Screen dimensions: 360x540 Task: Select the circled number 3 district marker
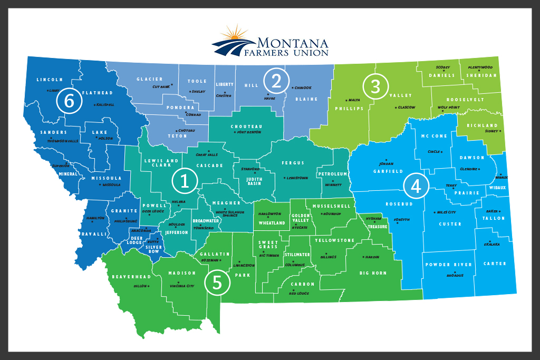click(375, 86)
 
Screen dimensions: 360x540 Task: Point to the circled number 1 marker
click(185, 181)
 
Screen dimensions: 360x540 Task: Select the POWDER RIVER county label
click(448, 265)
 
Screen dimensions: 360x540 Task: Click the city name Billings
click(328, 257)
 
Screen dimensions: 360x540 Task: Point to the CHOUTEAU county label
click(246, 127)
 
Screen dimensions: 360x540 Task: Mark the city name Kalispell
click(105, 105)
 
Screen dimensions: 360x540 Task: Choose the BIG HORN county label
click(373, 273)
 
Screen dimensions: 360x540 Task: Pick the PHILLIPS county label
click(353, 109)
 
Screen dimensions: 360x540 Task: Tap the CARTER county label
click(494, 264)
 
